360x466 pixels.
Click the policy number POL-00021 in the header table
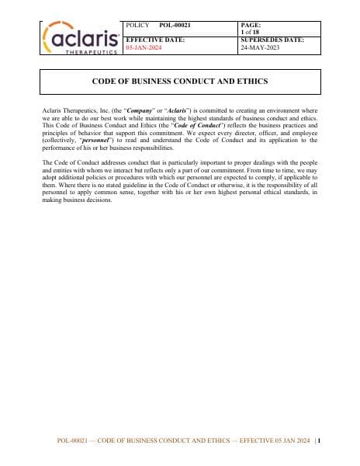click(175, 26)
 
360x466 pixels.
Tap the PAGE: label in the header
click(251, 26)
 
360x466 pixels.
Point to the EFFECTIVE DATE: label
click(154, 40)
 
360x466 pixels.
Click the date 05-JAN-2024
click(144, 47)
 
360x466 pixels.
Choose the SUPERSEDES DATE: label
click(272, 40)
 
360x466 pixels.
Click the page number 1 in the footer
click(319, 441)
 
